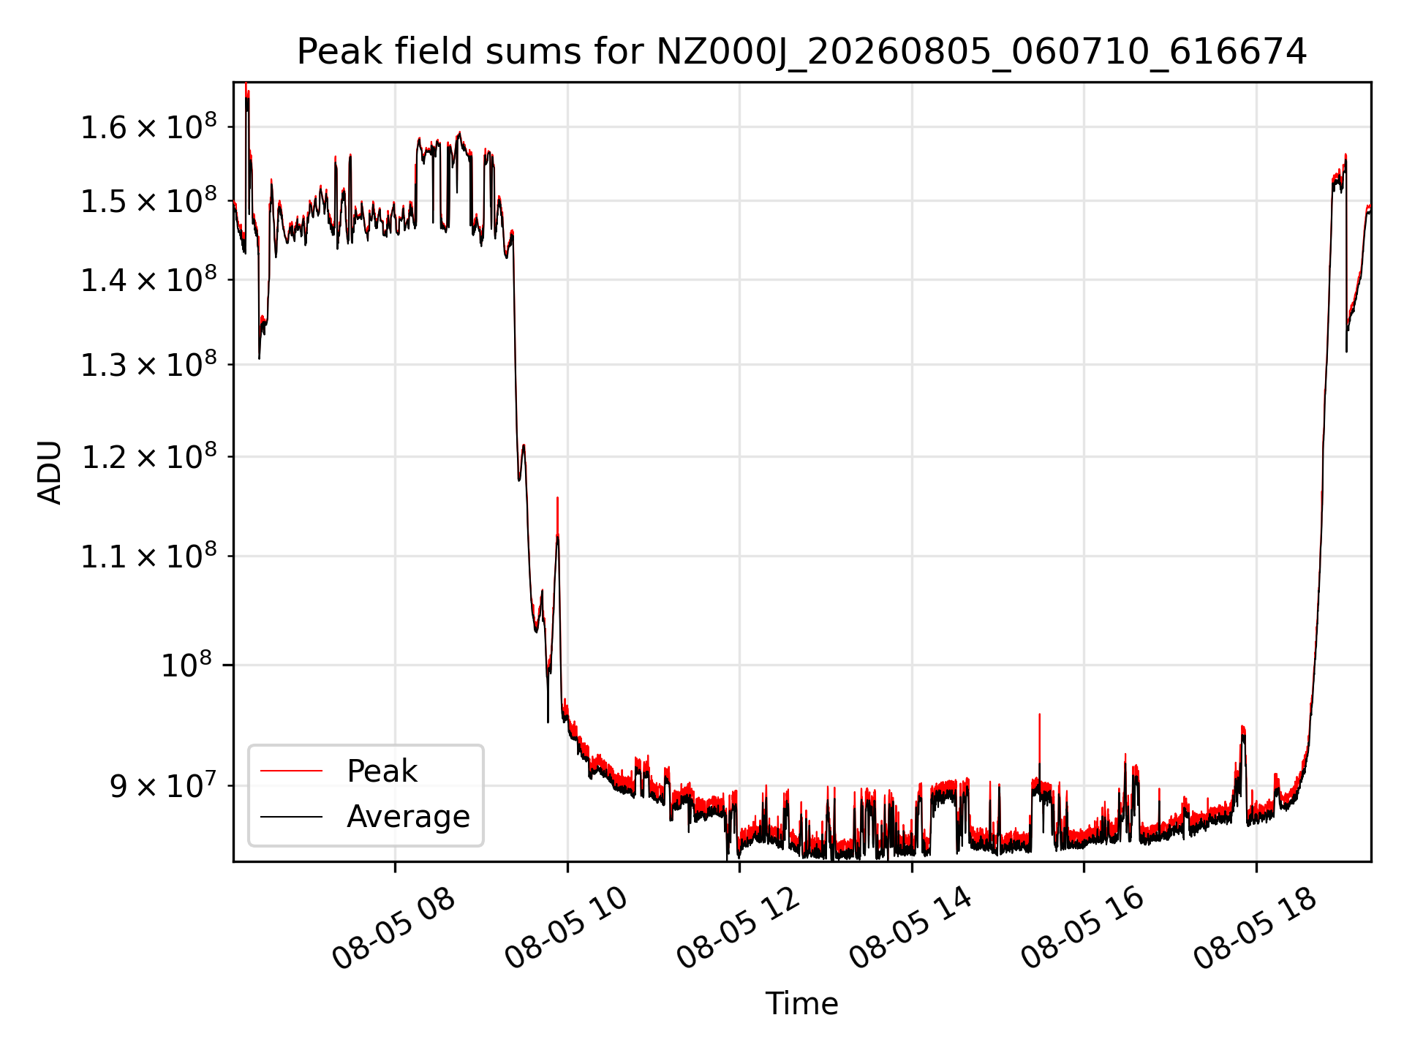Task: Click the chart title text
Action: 801,52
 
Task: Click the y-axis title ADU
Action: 50,472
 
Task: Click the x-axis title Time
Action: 801,1003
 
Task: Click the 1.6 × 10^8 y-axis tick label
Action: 148,127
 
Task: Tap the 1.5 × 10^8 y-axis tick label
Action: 148,200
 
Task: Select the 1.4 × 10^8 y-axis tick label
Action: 148,279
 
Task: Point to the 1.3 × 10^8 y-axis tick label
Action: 148,364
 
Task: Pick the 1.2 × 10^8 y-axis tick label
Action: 148,457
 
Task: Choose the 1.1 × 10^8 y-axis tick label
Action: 148,556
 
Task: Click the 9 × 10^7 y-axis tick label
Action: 163,786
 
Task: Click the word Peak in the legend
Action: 382,771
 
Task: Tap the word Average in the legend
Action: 408,817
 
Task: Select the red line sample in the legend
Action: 291,771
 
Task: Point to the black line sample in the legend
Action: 291,816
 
